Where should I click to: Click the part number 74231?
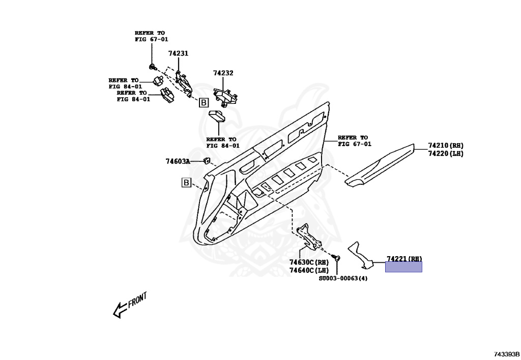pyautogui.click(x=178, y=53)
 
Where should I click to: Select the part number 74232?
pyautogui.click(x=223, y=73)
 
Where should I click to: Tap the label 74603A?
pyautogui.click(x=177, y=161)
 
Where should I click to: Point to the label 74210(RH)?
pyautogui.click(x=446, y=145)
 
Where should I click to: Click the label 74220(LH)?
pyautogui.click(x=446, y=153)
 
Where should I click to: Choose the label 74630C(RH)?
pyautogui.click(x=309, y=262)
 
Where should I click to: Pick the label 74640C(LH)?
pyautogui.click(x=309, y=270)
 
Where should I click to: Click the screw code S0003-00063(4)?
pyautogui.click(x=343, y=279)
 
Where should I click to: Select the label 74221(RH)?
pyautogui.click(x=404, y=259)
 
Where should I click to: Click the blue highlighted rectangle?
pyautogui.click(x=403, y=267)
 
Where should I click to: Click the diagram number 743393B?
pyautogui.click(x=506, y=354)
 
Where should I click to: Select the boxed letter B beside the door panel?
pyautogui.click(x=186, y=182)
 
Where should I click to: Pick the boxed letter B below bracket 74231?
pyautogui.click(x=203, y=103)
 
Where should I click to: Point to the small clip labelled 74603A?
pyautogui.click(x=208, y=161)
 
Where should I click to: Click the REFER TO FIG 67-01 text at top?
pyautogui.click(x=151, y=36)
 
